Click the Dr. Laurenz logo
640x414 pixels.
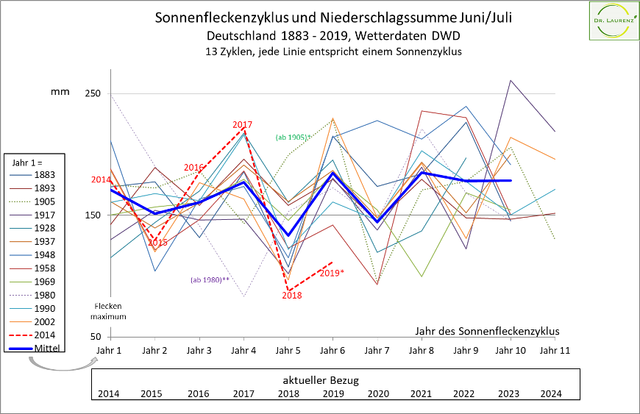[613, 22]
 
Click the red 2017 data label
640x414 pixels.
[243, 125]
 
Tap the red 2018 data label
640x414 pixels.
[292, 296]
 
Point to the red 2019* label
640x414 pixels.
[332, 273]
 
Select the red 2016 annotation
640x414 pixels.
[193, 168]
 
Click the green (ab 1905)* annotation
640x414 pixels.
[294, 137]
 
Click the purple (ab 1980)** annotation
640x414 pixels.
[210, 279]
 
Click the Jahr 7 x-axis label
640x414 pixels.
[377, 351]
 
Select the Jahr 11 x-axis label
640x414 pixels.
[555, 351]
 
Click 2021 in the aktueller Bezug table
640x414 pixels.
[421, 393]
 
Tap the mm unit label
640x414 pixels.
[60, 92]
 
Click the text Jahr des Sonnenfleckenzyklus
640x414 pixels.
[488, 331]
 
